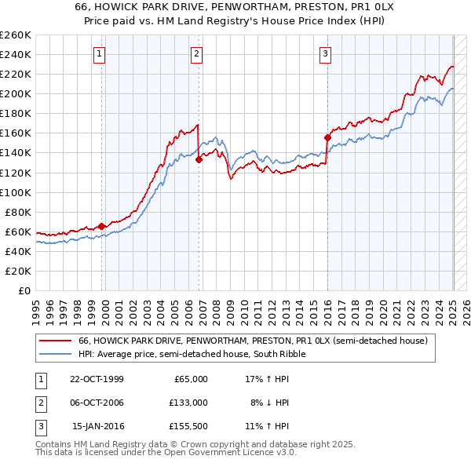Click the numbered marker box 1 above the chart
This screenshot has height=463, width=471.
click(101, 54)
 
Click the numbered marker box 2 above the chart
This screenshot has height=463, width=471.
click(196, 54)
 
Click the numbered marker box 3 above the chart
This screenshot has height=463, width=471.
click(325, 54)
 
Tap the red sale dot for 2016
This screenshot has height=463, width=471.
click(327, 137)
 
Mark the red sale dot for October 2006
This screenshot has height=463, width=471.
click(199, 159)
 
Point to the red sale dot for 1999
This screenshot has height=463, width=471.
click(102, 226)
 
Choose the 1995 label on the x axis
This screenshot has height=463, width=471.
click(35, 305)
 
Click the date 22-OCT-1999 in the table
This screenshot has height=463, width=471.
click(97, 379)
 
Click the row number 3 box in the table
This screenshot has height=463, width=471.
click(41, 426)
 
